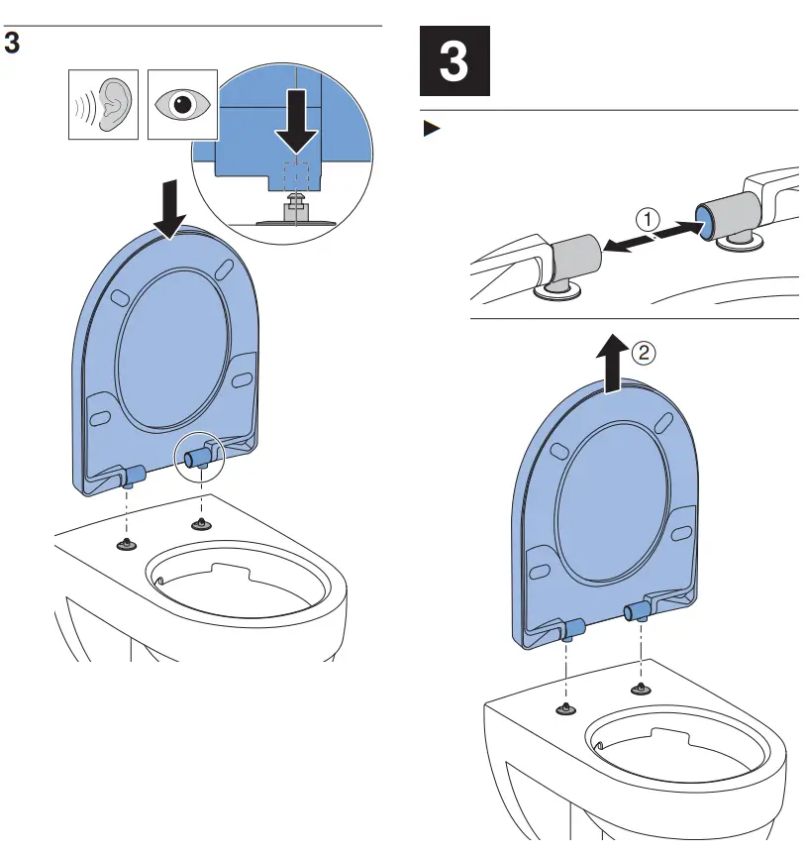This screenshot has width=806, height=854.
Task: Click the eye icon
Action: [181, 103]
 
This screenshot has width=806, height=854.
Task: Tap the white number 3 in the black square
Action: [453, 62]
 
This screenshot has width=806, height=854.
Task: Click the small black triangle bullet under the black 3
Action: [430, 129]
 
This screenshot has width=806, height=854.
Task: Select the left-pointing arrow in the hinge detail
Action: [620, 248]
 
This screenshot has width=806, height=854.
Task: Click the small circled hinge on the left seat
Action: [201, 457]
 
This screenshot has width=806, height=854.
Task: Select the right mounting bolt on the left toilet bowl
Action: [201, 522]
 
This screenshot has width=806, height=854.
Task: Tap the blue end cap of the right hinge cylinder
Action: [704, 215]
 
